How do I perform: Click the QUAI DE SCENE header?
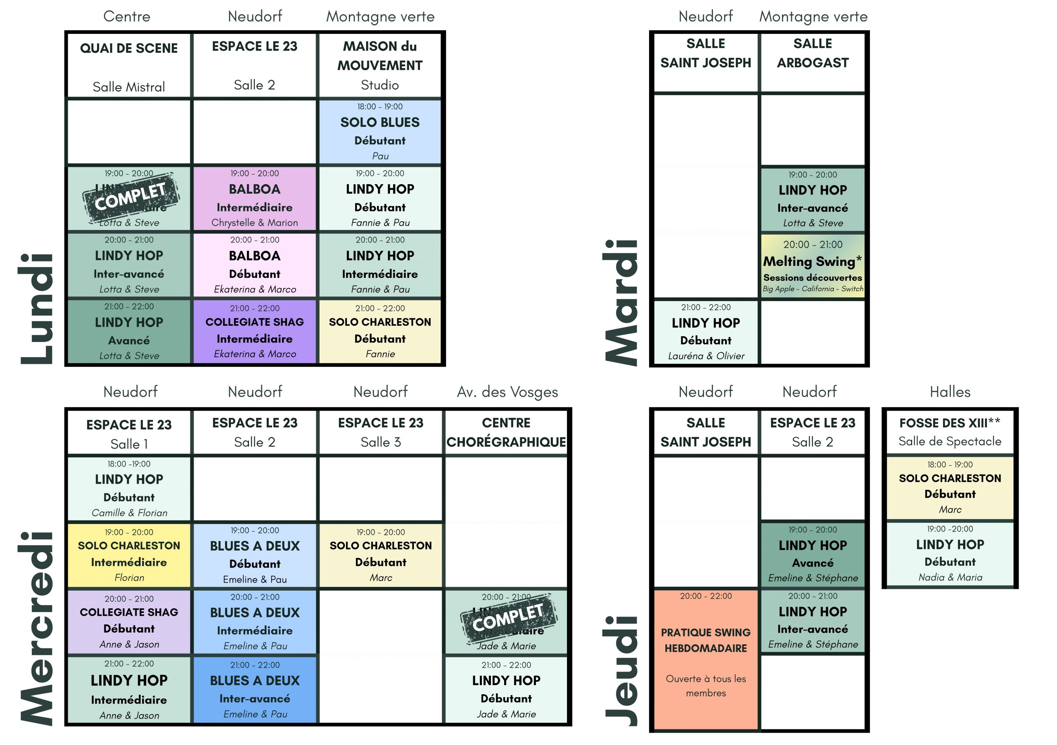pyautogui.click(x=129, y=48)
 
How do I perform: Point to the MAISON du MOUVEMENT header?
pyautogui.click(x=380, y=56)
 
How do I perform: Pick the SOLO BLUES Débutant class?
pyautogui.click(x=380, y=131)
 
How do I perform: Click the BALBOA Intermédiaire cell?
pyautogui.click(x=255, y=198)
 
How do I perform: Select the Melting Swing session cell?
pyautogui.click(x=813, y=266)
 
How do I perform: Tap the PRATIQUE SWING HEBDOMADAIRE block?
pyautogui.click(x=705, y=658)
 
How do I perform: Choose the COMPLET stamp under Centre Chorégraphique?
pyautogui.click(x=508, y=618)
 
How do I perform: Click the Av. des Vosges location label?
pyautogui.click(x=507, y=392)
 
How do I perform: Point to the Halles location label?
pyautogui.click(x=950, y=392)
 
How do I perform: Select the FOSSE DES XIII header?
pyautogui.click(x=950, y=423)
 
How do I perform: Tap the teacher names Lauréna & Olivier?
pyautogui.click(x=706, y=356)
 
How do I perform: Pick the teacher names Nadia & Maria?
pyautogui.click(x=950, y=577)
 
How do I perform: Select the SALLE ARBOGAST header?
pyautogui.click(x=813, y=53)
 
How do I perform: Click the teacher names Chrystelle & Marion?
pyautogui.click(x=255, y=223)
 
